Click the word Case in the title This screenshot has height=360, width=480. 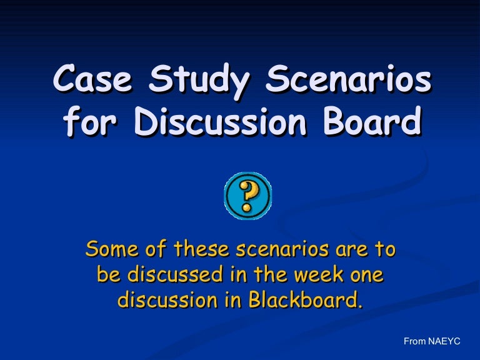pos(93,78)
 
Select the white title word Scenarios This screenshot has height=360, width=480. pos(348,78)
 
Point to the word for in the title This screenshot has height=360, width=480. pos(90,121)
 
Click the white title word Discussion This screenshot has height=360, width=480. pos(221,121)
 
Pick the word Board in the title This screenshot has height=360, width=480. pos(372,121)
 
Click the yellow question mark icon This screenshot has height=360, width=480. pos(247,196)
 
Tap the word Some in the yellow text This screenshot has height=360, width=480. pos(112,249)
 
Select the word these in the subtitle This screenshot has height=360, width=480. pos(201,249)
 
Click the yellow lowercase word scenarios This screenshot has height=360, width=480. pos(282,249)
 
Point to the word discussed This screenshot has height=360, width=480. pos(175,274)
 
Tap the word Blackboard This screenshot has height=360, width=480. pos(305,299)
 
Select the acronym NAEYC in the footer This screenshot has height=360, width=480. pos(444,341)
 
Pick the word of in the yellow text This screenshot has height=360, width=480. pos(156,249)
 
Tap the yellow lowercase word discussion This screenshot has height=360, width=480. pos(167,300)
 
